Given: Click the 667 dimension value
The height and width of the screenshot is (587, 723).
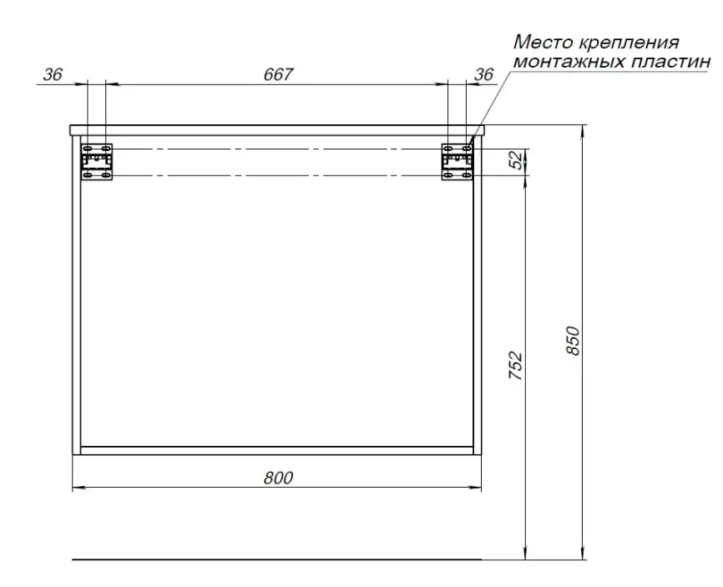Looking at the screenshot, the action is [278, 74].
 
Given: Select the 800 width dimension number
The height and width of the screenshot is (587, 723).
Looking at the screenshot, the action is [278, 478].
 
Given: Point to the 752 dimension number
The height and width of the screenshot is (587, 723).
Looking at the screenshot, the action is [515, 366].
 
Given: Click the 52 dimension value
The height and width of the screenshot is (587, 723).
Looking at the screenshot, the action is [518, 159].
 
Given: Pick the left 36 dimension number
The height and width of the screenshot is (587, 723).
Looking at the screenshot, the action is [53, 74].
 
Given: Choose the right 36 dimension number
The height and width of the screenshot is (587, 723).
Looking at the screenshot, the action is [483, 74].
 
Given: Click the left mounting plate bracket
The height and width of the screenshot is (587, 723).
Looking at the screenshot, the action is [97, 162].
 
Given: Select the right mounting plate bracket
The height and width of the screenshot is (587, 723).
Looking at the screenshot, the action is [458, 162].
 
